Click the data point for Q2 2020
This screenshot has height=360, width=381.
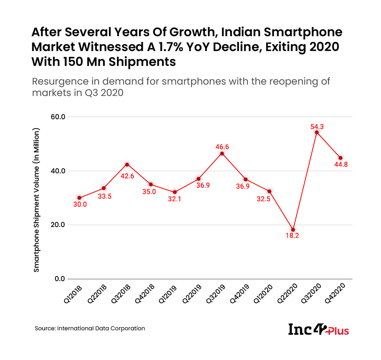[293, 230]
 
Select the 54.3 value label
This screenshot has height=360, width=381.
[317, 126]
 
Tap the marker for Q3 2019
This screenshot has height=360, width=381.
[222, 154]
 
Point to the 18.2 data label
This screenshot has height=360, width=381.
[293, 236]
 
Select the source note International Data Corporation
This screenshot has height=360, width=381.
[90, 328]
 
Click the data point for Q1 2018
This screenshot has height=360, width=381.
[80, 198]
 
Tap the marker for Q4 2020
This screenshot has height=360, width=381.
[340, 158]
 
